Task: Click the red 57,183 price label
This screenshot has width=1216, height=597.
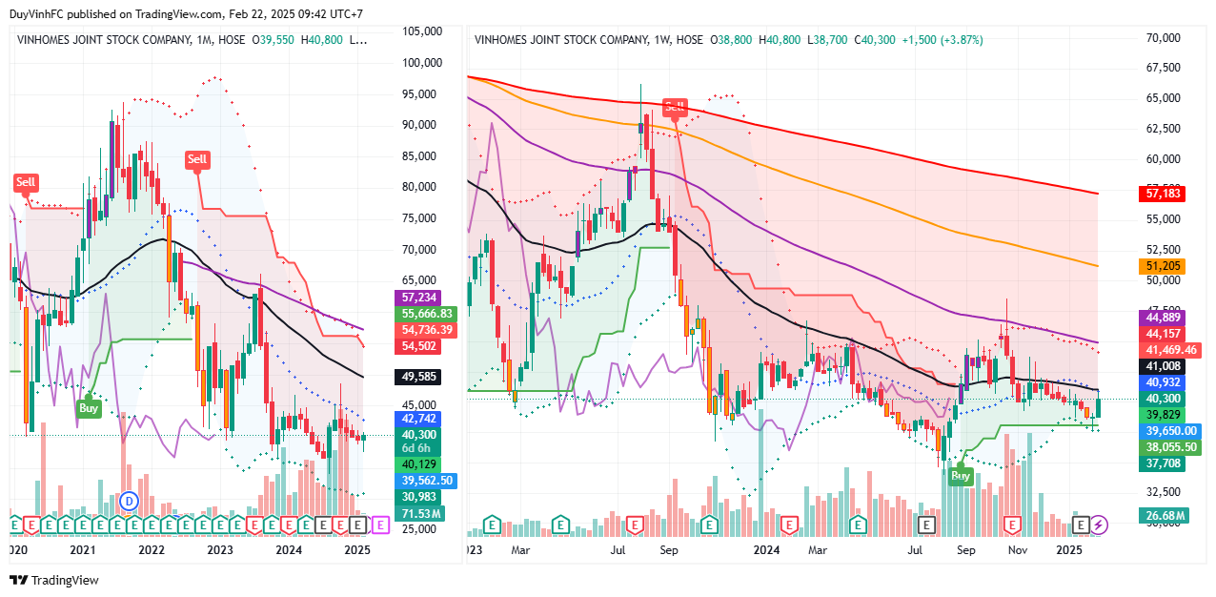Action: click(1162, 194)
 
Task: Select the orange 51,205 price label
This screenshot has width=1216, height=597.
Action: click(1162, 267)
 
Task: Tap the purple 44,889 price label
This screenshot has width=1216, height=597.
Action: click(1162, 318)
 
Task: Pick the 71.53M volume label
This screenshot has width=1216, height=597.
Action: click(419, 514)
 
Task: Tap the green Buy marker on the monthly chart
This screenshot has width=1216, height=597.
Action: click(89, 408)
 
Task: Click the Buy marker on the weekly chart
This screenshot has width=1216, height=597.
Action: click(961, 475)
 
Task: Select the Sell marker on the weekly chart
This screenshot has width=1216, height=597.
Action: click(675, 107)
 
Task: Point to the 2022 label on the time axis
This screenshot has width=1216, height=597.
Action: click(152, 550)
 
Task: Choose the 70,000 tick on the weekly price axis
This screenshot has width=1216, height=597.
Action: click(1164, 38)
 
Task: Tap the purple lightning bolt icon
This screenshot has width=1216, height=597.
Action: click(1099, 524)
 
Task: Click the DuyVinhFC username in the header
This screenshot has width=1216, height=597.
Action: click(38, 14)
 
